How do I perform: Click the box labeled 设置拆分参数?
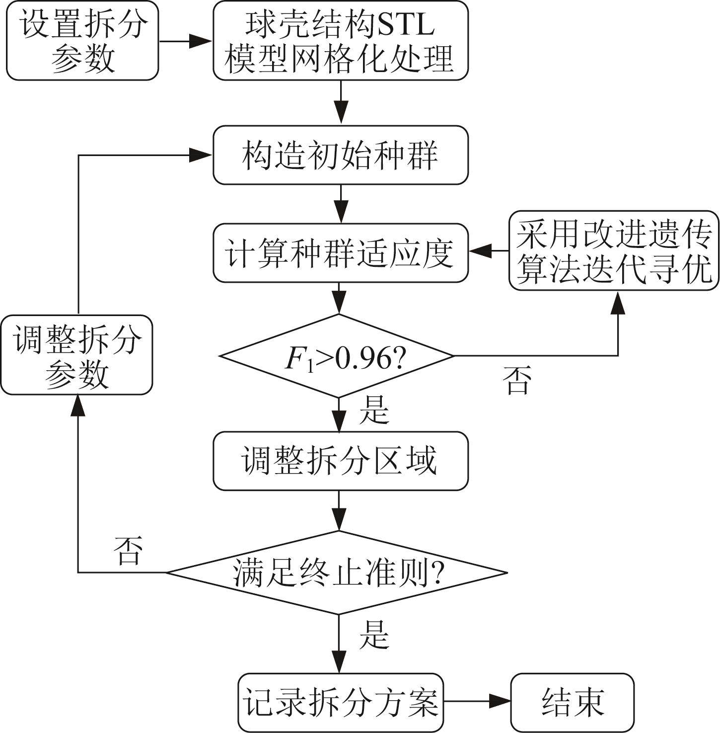pyautogui.click(x=82, y=41)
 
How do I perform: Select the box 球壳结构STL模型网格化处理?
pyautogui.click(x=341, y=41)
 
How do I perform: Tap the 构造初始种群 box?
pyautogui.click(x=341, y=155)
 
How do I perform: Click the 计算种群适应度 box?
pyautogui.click(x=341, y=253)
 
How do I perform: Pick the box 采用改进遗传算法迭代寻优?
pyautogui.click(x=614, y=251)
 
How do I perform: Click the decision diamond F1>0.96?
pyautogui.click(x=337, y=356)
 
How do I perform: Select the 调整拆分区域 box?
pyautogui.click(x=341, y=461)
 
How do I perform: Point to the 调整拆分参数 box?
pyautogui.click(x=76, y=355)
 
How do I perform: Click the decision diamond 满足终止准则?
pyautogui.click(x=337, y=572)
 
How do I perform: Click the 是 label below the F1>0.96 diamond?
pyautogui.click(x=373, y=410)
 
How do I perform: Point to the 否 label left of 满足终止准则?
pyautogui.click(x=128, y=550)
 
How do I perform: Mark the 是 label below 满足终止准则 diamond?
pyautogui.click(x=373, y=635)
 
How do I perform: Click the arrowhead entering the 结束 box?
pyautogui.click(x=500, y=701)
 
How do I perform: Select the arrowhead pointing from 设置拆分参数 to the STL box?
pyautogui.click(x=202, y=41)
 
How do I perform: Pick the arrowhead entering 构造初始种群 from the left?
pyautogui.click(x=202, y=155)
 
